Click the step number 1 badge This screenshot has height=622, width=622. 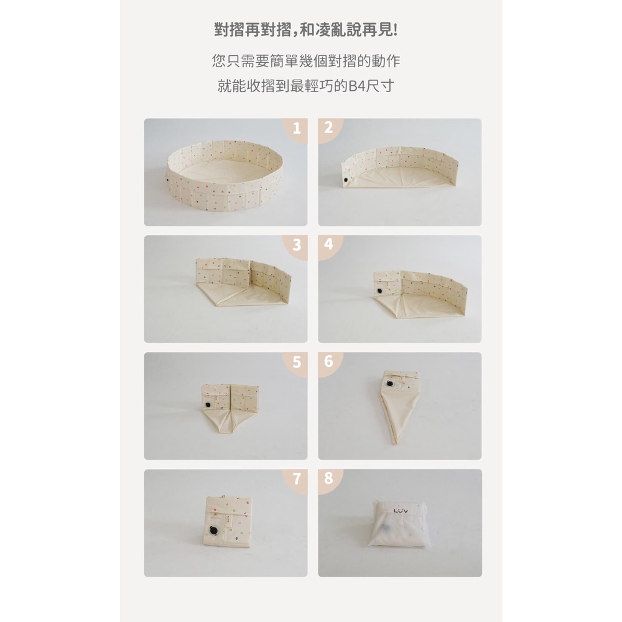pyautogui.click(x=295, y=129)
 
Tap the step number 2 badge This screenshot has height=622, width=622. pyautogui.click(x=329, y=128)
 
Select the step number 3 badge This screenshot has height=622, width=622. pyautogui.click(x=295, y=246)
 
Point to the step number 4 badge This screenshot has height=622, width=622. pyautogui.click(x=329, y=245)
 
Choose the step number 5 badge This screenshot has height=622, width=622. pyautogui.click(x=295, y=363)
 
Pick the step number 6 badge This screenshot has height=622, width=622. pyautogui.click(x=329, y=362)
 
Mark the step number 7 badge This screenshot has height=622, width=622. pyautogui.click(x=295, y=480)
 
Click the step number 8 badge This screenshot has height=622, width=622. pyautogui.click(x=329, y=479)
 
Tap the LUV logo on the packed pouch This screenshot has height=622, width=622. pyautogui.click(x=401, y=511)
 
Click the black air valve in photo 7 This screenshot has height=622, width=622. pyautogui.click(x=213, y=531)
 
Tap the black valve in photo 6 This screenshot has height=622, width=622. pyautogui.click(x=389, y=383)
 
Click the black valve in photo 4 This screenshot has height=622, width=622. pyautogui.click(x=380, y=290)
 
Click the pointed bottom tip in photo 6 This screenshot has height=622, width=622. pyautogui.click(x=395, y=443)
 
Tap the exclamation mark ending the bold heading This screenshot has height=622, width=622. pyautogui.click(x=395, y=30)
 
